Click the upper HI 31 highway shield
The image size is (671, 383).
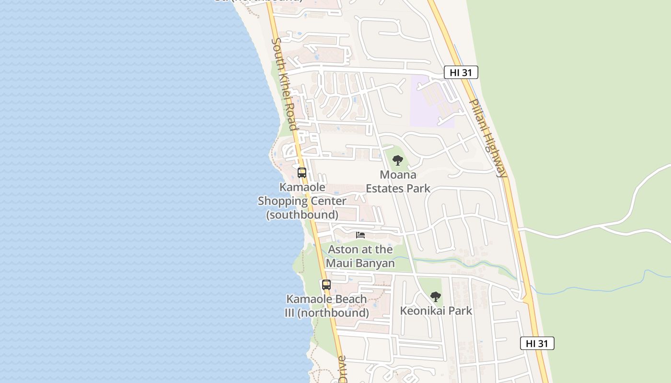461,72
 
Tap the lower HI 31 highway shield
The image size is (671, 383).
537,343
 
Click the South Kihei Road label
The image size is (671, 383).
285,84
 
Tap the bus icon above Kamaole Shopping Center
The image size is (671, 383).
302,173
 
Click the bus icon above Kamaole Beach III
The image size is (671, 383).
326,284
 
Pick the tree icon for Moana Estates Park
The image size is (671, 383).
397,160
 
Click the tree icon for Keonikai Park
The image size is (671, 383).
435,297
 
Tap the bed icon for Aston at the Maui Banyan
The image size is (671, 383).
360,235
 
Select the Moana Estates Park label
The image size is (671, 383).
398,181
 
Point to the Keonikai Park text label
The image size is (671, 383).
436,311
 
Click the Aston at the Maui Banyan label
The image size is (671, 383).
360,256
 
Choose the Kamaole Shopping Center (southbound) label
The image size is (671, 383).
302,201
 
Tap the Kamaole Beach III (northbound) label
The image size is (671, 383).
327,306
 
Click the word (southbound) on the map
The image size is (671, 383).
302,214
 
